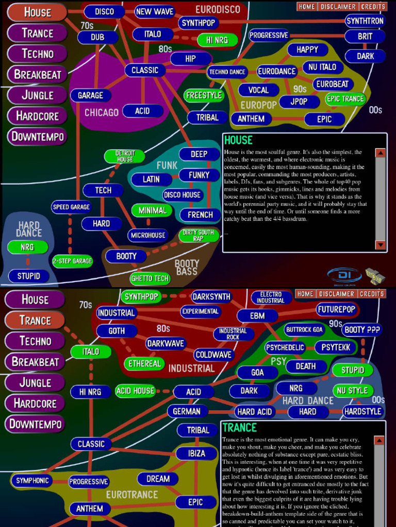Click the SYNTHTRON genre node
point(365,21)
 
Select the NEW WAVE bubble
point(155,11)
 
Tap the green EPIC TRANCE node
point(345,99)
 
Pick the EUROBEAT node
point(333,84)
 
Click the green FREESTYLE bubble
point(204,95)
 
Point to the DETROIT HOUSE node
point(125,156)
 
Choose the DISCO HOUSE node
point(183,195)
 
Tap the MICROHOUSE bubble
point(148,235)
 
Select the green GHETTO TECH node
point(150,278)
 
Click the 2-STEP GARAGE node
point(72,261)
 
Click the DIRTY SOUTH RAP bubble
point(199,235)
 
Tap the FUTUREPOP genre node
point(337,309)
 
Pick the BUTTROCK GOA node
point(304,329)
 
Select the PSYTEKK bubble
point(336,347)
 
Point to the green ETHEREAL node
point(144,363)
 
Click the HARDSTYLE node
point(363,411)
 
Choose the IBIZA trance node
point(196,453)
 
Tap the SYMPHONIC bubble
point(32,481)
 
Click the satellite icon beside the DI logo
point(375,276)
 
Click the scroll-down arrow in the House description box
point(381,244)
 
